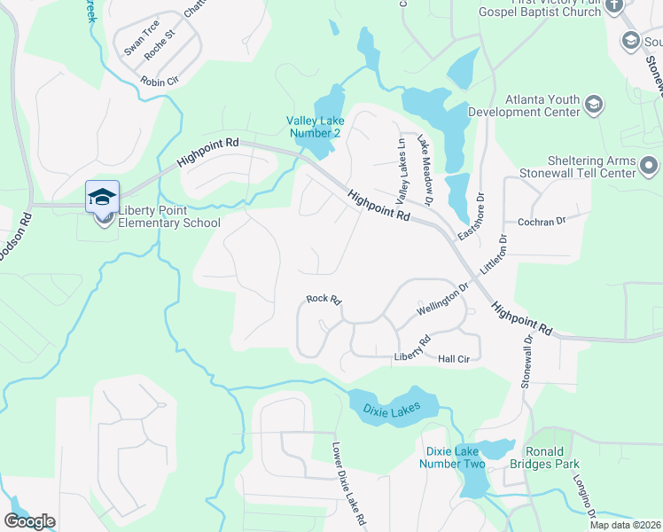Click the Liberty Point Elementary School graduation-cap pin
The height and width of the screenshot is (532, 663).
point(102,196)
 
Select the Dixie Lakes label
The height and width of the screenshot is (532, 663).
point(400,409)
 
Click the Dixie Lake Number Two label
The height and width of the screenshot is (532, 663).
point(452,458)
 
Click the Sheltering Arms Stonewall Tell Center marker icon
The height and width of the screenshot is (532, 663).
point(650,166)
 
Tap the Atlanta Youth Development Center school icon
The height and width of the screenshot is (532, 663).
point(594,106)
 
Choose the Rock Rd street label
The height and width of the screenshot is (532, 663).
point(324,301)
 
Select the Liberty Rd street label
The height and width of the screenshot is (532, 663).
point(412,348)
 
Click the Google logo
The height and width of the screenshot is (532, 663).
point(29,521)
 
